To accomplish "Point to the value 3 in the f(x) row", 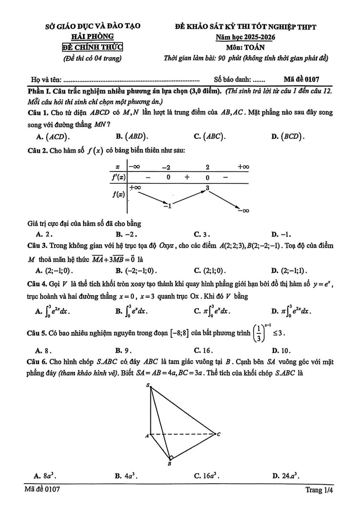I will (207, 188).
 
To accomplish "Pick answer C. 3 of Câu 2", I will (202, 234).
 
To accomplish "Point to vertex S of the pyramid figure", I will (148, 386).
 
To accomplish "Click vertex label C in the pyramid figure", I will (219, 434).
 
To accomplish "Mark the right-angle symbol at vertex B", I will (171, 457).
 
